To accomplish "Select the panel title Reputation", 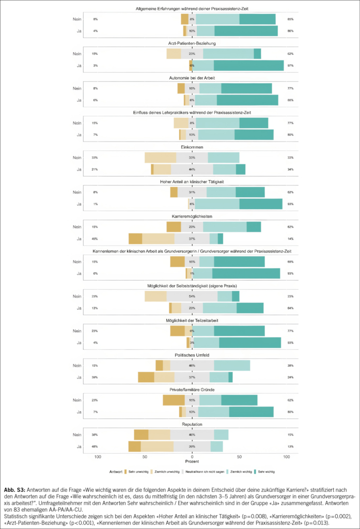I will point(192,424).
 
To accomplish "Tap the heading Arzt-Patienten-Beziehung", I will point(192,43).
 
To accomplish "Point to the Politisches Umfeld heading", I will point(192,355).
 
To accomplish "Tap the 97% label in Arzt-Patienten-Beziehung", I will point(290,66).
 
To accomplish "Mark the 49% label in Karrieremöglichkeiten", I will point(95,239).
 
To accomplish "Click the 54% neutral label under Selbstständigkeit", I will point(192,296).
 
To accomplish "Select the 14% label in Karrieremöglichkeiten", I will point(290,239).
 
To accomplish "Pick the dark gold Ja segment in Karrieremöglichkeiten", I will point(135,239).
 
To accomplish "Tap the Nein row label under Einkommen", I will point(76,157).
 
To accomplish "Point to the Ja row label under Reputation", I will point(79,446).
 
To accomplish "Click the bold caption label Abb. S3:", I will point(15,489).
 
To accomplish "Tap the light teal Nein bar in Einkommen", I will point(224,158).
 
